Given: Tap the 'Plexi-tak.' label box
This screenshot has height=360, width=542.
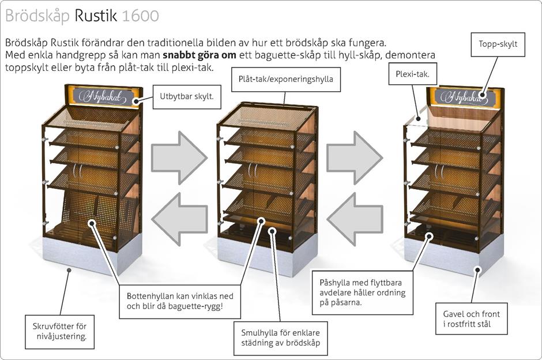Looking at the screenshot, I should (416, 75).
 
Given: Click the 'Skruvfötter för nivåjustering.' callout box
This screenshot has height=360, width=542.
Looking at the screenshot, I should (60, 331).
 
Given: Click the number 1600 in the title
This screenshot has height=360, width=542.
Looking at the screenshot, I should (141, 16).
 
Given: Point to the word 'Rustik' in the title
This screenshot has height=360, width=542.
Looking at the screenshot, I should (96, 16).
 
